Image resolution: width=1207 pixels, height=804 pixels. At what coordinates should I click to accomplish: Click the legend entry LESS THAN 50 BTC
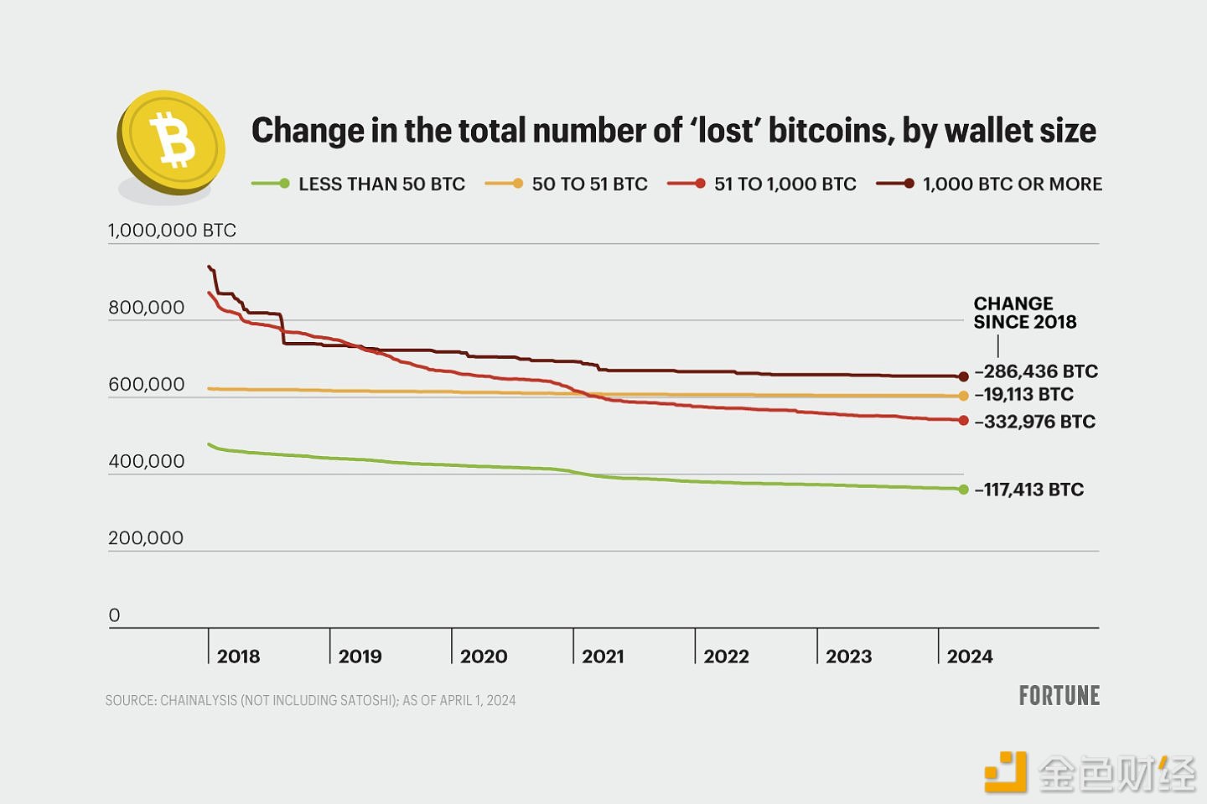pos(381,184)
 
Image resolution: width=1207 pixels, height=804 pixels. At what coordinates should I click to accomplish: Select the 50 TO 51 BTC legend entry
pos(589,184)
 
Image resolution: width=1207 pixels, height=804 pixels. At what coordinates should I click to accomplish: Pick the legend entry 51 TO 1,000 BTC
pos(785,184)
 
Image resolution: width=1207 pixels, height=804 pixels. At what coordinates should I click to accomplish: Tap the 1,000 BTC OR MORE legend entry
pos(1012,184)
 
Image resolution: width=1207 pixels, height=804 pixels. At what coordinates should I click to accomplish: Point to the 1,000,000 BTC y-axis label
pos(172,231)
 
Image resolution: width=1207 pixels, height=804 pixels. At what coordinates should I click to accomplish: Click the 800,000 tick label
pos(146,308)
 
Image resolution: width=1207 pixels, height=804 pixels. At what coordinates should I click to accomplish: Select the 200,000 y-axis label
pos(146,538)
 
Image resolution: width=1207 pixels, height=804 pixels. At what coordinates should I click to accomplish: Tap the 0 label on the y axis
pos(115,615)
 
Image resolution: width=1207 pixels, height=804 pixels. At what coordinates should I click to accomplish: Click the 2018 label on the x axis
pos(238,656)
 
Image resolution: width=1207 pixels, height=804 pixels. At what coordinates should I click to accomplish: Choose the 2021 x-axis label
pos(603,656)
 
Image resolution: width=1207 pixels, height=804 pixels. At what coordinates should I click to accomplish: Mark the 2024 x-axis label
pos(970,656)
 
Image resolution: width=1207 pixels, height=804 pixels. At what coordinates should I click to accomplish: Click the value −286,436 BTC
pos(1036,371)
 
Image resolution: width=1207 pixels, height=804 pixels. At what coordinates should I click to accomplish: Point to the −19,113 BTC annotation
pos(1023,395)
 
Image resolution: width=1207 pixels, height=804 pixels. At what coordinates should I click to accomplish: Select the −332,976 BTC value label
pos(1035,422)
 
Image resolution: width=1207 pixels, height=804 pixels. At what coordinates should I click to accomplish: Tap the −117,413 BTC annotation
pos(1029,490)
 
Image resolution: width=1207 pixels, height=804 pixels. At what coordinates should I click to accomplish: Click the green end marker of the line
pos(964,490)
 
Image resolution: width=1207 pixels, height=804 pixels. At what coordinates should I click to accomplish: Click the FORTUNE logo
pos(1059,696)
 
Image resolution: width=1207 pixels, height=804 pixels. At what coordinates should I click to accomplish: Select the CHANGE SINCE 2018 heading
pos(1024,313)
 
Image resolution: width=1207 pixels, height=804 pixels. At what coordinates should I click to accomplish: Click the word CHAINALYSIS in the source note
pos(199,701)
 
